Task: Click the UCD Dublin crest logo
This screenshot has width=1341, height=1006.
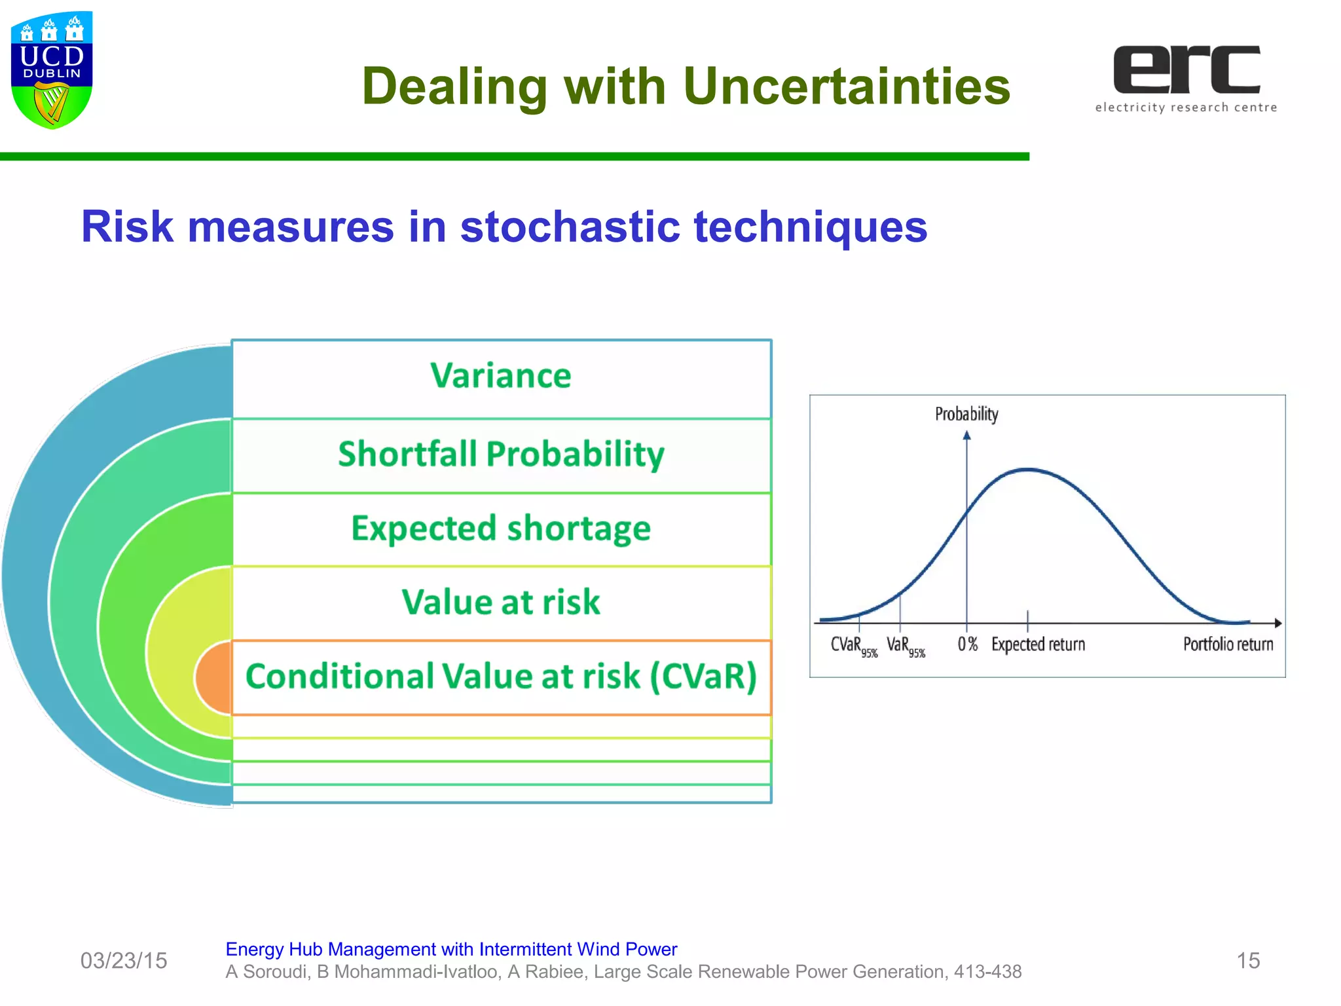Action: (x=52, y=69)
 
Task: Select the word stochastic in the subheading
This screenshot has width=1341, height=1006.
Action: (x=570, y=227)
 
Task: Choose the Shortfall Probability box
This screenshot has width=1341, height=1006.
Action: (x=501, y=455)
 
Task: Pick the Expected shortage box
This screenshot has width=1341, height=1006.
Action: (x=501, y=529)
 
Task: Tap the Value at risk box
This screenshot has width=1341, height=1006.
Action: (x=501, y=603)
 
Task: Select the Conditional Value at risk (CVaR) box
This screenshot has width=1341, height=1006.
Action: (x=501, y=677)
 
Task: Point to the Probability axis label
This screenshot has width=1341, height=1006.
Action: (x=966, y=414)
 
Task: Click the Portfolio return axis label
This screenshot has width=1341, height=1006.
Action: (x=1228, y=644)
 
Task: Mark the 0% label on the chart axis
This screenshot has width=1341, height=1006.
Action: (x=967, y=644)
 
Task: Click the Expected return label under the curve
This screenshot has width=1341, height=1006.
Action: (x=1038, y=644)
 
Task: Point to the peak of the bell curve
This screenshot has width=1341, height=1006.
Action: (x=1027, y=470)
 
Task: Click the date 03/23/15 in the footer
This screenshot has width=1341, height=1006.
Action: (x=124, y=961)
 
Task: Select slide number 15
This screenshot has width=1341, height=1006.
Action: (x=1248, y=961)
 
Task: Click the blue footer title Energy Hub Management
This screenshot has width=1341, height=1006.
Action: (x=451, y=949)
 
